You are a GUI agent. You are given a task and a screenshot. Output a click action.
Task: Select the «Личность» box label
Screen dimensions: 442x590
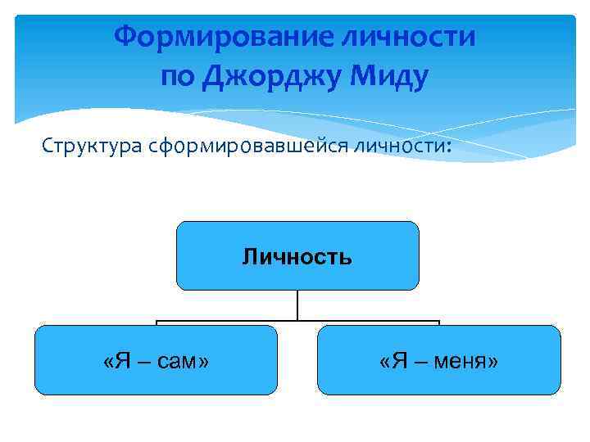(x=297, y=258)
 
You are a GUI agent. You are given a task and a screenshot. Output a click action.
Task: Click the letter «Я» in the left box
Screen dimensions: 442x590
(x=120, y=361)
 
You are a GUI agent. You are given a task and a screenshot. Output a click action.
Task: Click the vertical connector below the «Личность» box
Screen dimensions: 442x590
(x=297, y=305)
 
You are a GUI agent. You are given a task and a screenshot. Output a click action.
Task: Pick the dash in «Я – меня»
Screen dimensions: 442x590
(x=419, y=362)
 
